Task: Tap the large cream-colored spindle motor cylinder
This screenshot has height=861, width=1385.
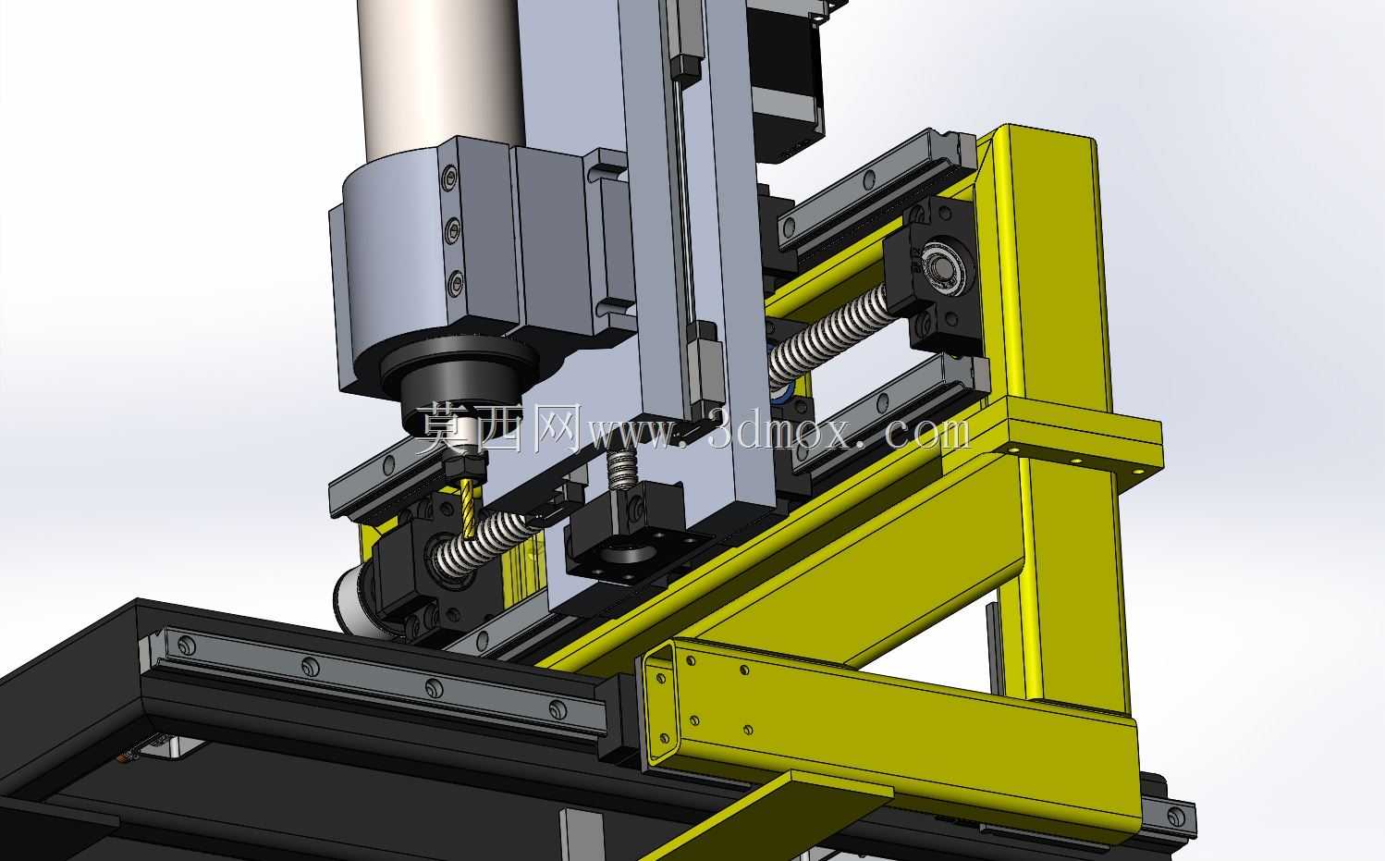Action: pyautogui.click(x=440, y=78)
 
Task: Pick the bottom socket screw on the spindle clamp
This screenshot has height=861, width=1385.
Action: pyautogui.click(x=456, y=283)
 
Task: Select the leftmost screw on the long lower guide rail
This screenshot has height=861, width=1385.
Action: pyautogui.click(x=187, y=646)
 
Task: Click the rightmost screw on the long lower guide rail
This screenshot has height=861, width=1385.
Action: pyautogui.click(x=558, y=708)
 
